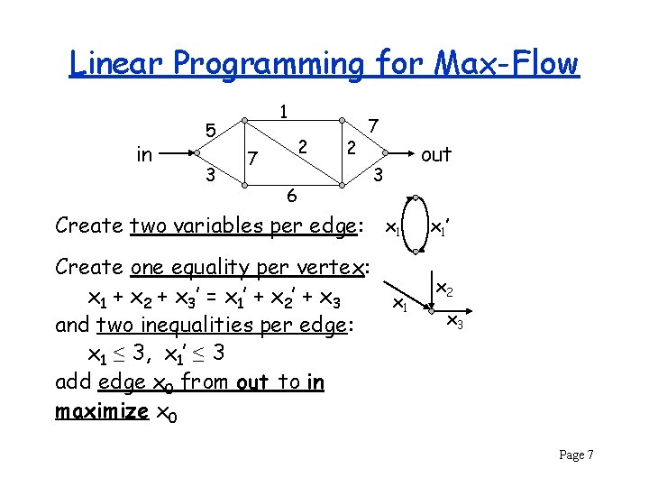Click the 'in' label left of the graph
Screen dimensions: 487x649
(x=144, y=155)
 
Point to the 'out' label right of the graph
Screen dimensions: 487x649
(x=435, y=155)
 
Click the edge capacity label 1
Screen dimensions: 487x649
(x=283, y=112)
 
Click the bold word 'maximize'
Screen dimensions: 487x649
(x=102, y=411)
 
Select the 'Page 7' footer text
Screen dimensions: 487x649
(x=576, y=455)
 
